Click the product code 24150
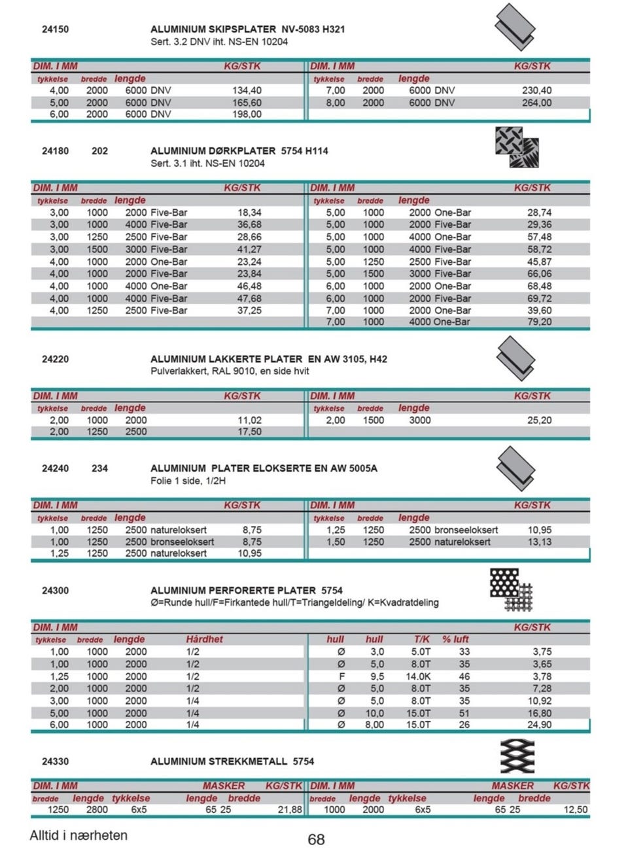click(x=55, y=29)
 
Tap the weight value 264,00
click(x=536, y=103)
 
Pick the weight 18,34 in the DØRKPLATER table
click(x=249, y=213)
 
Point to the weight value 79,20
click(x=539, y=322)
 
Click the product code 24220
click(x=55, y=359)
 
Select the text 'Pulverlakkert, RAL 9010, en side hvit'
click(x=230, y=371)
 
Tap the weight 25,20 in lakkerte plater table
click(x=539, y=420)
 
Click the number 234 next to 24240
click(x=99, y=468)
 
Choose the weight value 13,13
click(x=539, y=542)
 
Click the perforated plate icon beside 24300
click(x=511, y=589)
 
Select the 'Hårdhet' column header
click(x=204, y=639)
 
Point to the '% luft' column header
click(x=455, y=639)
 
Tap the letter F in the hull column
click(x=341, y=676)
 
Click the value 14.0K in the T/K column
click(x=418, y=676)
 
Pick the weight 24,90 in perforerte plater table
click(x=539, y=725)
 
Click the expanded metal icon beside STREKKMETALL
click(x=517, y=757)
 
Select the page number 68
click(x=316, y=839)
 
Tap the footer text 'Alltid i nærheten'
click(x=78, y=835)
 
